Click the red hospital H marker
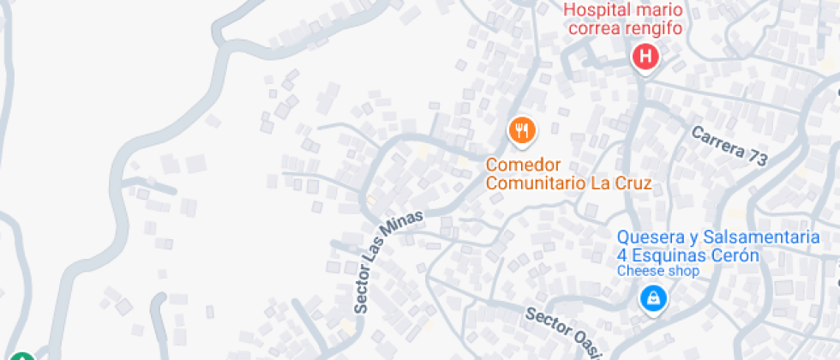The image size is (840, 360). [x=645, y=57]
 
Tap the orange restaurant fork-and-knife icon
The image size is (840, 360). [x=521, y=130]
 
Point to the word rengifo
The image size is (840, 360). [x=655, y=28]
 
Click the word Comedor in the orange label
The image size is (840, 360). [x=523, y=165]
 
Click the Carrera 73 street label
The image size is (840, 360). [x=729, y=145]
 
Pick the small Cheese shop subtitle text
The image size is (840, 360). [x=658, y=271]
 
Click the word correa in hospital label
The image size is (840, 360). [x=596, y=28]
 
